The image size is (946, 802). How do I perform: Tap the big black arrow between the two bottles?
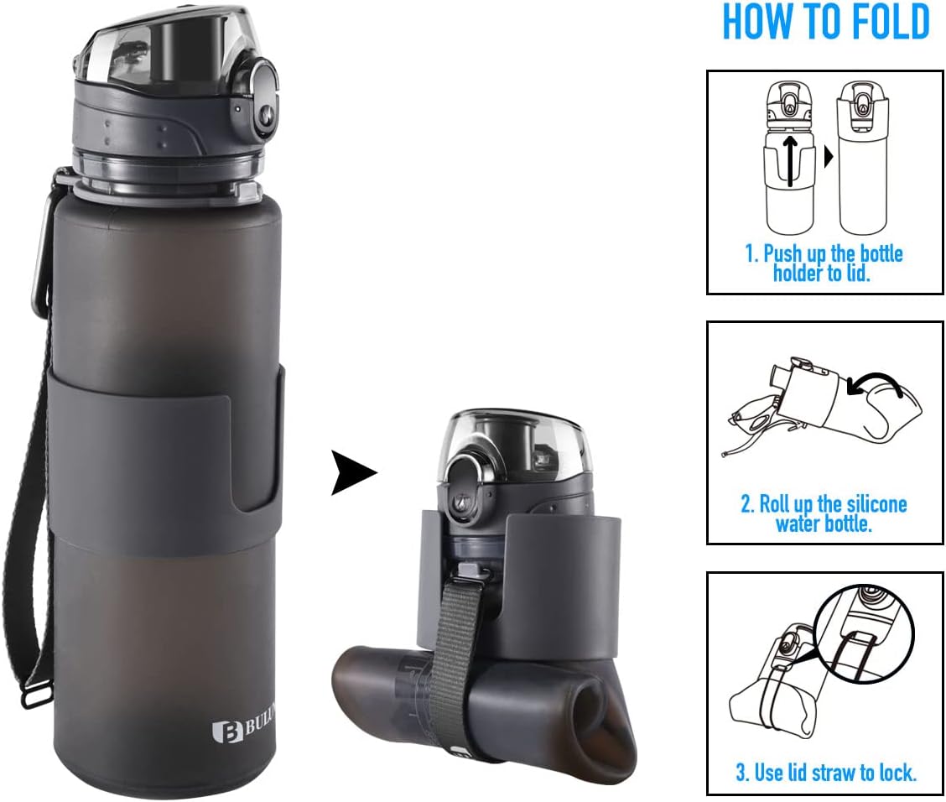coord(353,472)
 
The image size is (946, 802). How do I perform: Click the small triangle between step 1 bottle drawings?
coord(829,156)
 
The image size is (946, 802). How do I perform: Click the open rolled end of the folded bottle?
coord(608,726)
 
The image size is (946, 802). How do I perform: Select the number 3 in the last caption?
coord(741,773)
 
